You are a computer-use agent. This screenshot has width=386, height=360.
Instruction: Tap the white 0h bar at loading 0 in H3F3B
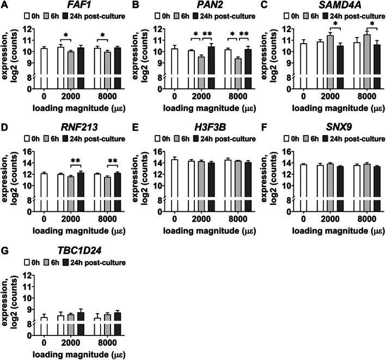click(175, 179)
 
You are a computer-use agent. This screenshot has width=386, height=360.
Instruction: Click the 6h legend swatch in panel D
click(54, 138)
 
